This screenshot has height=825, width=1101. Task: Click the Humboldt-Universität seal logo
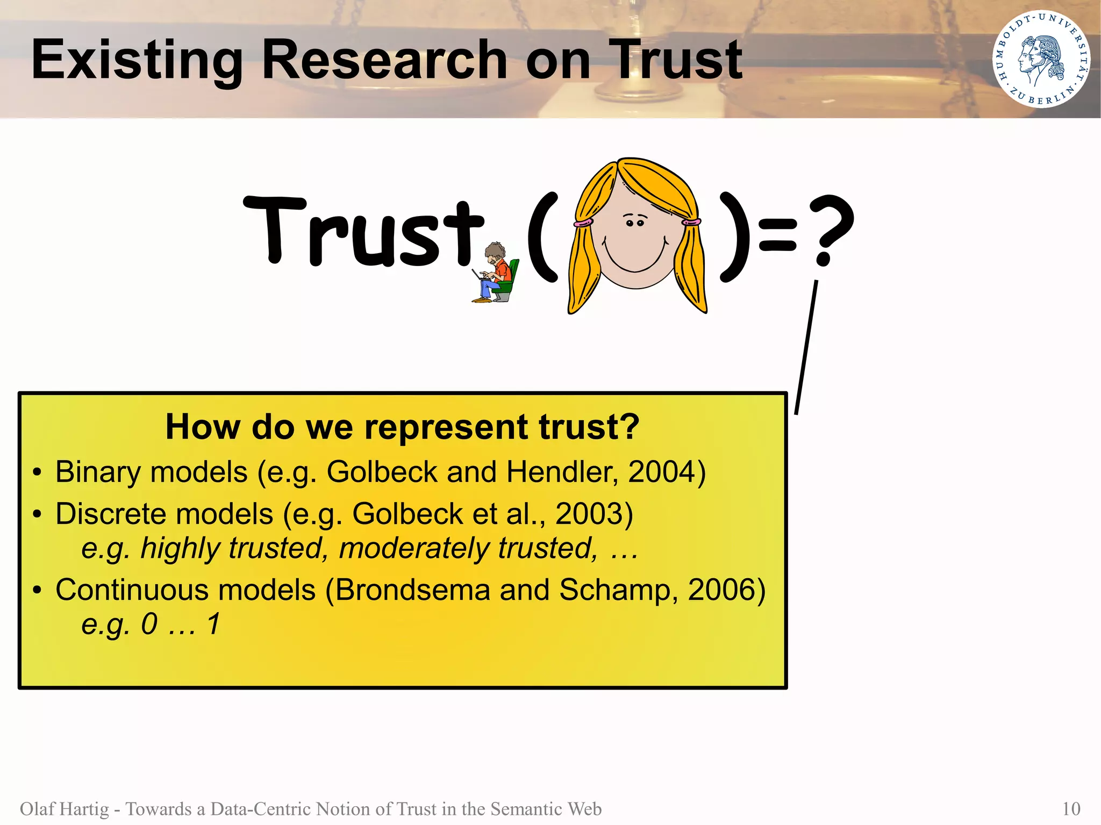(1041, 59)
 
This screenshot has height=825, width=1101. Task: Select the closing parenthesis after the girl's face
(734, 236)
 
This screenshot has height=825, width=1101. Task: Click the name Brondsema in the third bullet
(412, 590)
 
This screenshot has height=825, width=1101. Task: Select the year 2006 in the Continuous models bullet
(721, 590)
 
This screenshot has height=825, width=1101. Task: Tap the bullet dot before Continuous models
(37, 591)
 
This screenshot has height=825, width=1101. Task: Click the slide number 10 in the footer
(1071, 809)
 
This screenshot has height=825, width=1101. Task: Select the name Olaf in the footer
(34, 809)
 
